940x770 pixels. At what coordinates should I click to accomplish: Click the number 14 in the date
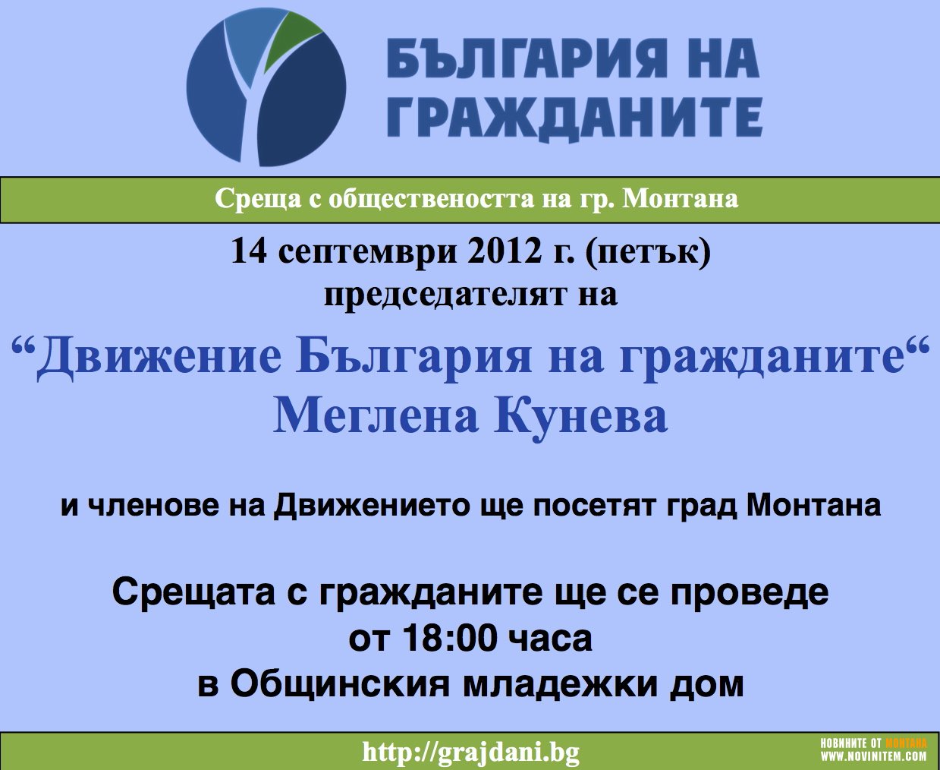click(249, 251)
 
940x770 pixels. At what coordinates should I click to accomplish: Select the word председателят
click(445, 296)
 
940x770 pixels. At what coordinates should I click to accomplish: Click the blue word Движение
click(159, 358)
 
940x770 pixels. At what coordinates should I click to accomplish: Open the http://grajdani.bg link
click(470, 753)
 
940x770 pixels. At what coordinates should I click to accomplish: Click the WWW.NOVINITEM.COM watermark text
click(874, 756)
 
